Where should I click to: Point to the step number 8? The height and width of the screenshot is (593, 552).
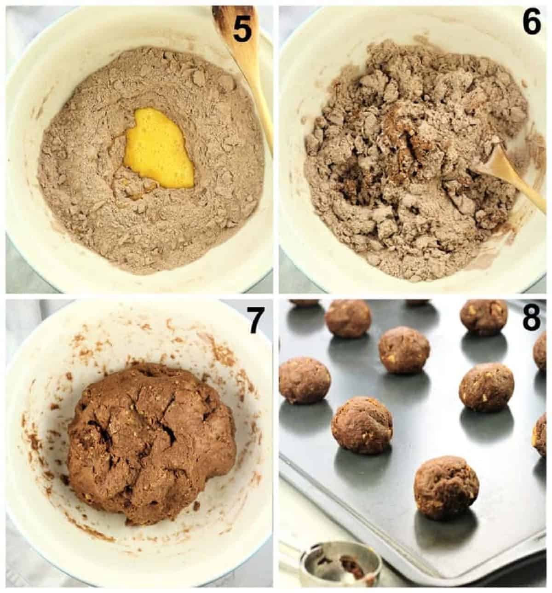(532, 317)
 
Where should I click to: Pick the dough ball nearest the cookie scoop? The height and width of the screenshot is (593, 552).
(446, 487)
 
